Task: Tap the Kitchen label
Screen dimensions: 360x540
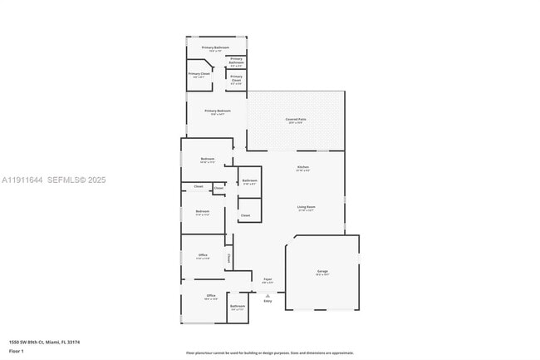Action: tap(303, 167)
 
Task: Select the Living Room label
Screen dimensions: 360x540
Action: tap(305, 207)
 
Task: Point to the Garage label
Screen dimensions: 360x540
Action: tap(322, 271)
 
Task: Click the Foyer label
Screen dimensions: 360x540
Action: tap(268, 279)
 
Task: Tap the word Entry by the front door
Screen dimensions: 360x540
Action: tap(268, 301)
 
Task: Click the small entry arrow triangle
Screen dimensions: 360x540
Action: tap(268, 295)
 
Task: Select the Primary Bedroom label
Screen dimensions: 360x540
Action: tap(217, 111)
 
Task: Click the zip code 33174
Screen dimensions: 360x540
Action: tap(74, 342)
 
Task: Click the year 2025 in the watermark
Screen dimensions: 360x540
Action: tap(96, 180)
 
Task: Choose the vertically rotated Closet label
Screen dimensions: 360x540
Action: tap(228, 258)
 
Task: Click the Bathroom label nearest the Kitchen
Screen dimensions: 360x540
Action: tap(249, 180)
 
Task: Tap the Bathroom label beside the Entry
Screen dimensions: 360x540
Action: tap(238, 307)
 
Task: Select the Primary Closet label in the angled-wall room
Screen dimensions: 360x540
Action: tap(199, 74)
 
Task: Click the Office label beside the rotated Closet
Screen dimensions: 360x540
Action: tap(203, 254)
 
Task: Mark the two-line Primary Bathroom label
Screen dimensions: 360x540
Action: tap(236, 60)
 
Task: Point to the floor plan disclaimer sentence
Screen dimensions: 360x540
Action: tap(269, 353)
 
